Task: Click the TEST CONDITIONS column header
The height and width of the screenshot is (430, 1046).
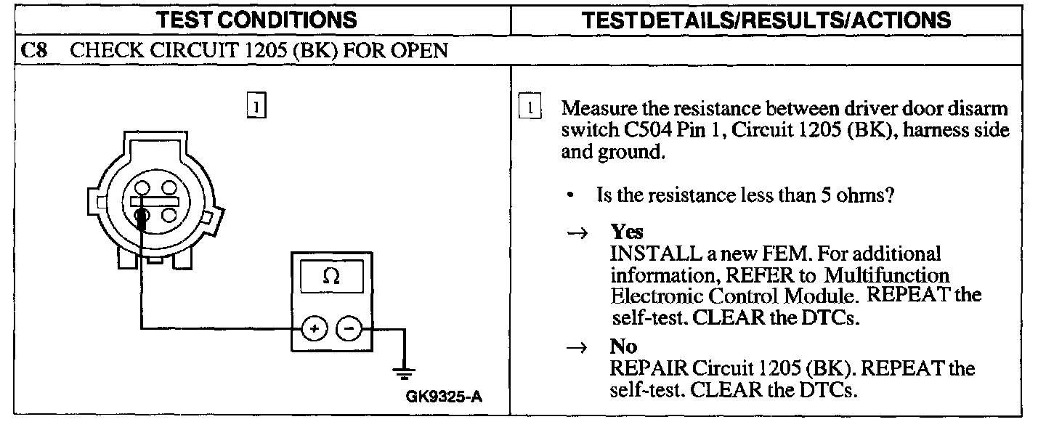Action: (261, 20)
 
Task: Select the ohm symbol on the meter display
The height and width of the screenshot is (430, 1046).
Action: (331, 277)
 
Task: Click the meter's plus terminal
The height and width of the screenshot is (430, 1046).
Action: (314, 329)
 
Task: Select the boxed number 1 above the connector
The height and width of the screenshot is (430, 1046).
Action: (256, 106)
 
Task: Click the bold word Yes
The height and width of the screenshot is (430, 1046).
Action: (627, 232)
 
